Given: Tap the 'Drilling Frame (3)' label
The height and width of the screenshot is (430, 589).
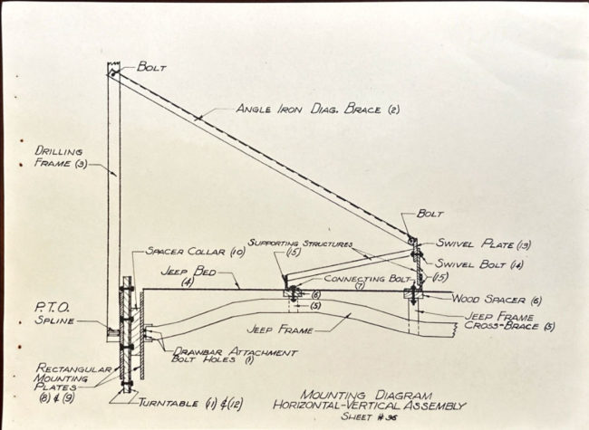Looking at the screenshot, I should coord(59,158).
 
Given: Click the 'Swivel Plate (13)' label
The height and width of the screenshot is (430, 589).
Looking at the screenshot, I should coord(464,244).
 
